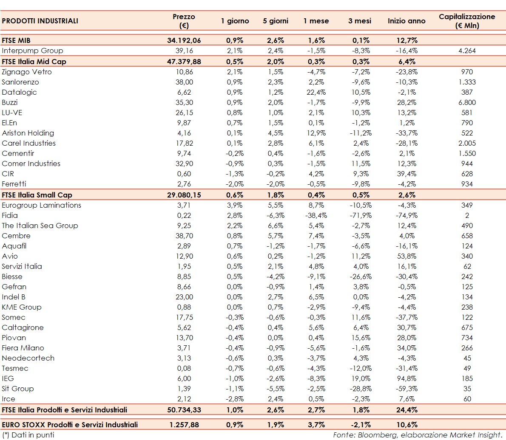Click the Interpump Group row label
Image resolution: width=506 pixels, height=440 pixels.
pos(32,51)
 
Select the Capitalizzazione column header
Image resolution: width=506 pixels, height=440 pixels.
pos(467,21)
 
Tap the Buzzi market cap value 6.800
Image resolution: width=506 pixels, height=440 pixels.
pos(467,102)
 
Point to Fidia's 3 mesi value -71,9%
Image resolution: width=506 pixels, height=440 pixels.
pos(360,215)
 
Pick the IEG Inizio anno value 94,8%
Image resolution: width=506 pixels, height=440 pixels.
pos(407,378)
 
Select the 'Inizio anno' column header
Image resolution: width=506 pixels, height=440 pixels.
pos(407,21)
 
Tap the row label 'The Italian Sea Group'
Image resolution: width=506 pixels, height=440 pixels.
pos(40,226)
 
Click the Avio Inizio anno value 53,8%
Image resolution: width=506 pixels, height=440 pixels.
pos(407,256)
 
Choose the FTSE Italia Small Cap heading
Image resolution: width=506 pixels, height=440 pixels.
pos(37,195)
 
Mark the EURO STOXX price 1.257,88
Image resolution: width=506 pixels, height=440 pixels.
pos(184,425)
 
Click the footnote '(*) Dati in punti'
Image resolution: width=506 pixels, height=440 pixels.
pos(28,435)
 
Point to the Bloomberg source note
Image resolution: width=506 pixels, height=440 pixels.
pos(417,435)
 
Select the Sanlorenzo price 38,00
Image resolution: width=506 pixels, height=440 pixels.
pos(184,82)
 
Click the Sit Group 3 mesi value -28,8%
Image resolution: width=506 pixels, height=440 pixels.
pos(360,389)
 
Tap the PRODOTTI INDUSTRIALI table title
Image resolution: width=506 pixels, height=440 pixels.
pos(40,21)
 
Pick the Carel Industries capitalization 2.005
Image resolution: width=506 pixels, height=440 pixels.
pos(467,143)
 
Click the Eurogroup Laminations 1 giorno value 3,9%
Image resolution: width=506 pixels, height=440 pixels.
pos(235,205)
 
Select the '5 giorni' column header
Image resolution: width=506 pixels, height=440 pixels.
pos(276,21)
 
